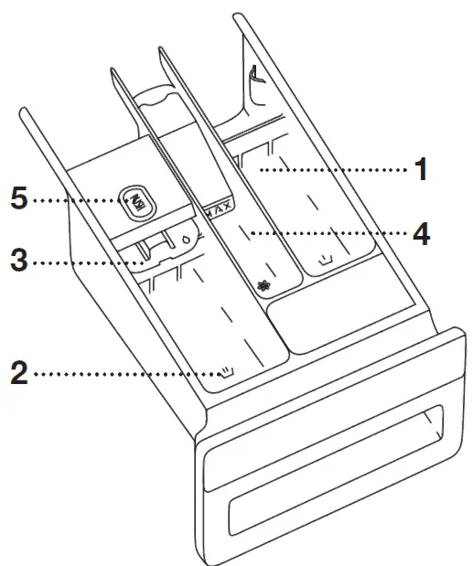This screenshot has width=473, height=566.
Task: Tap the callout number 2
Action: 18,373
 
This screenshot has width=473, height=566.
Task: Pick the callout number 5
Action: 18,198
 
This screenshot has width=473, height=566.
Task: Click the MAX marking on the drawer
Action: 219,209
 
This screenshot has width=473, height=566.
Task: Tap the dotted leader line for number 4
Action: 329,233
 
